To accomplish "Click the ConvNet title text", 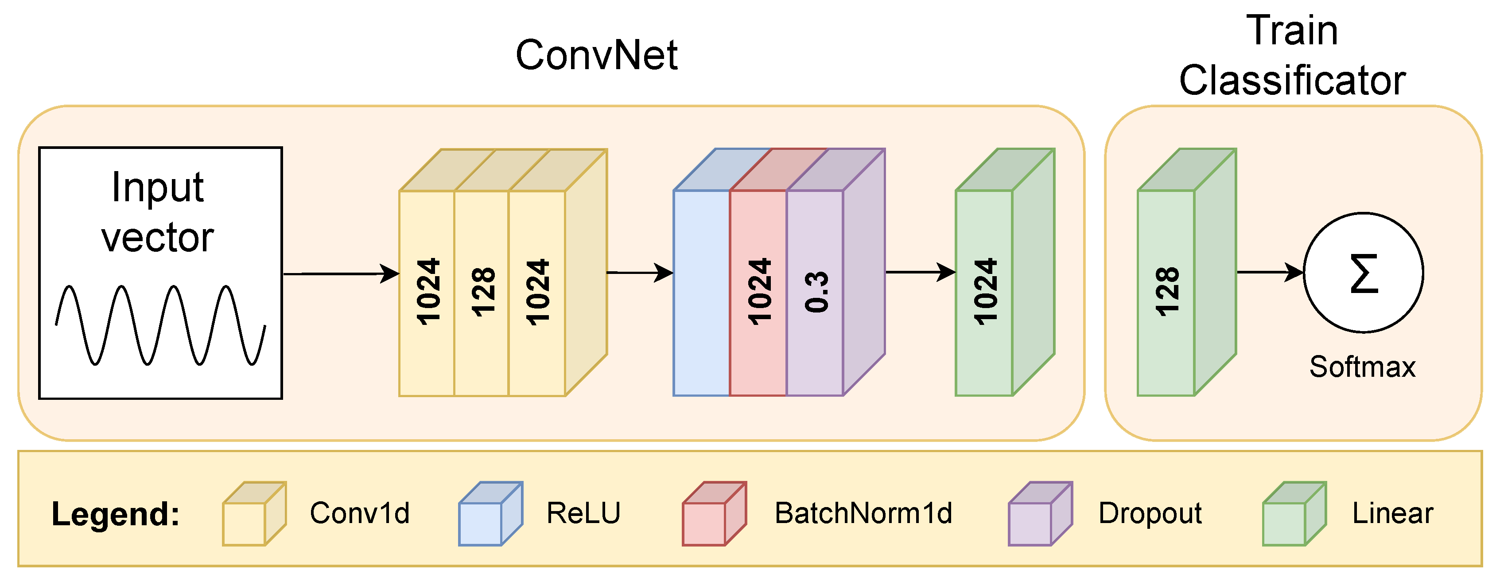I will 596,55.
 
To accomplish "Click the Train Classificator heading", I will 1292,55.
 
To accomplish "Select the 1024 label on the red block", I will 759,291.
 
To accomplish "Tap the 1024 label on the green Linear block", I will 985,291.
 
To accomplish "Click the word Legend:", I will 115,514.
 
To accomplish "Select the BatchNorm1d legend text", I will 863,513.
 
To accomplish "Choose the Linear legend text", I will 1392,513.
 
